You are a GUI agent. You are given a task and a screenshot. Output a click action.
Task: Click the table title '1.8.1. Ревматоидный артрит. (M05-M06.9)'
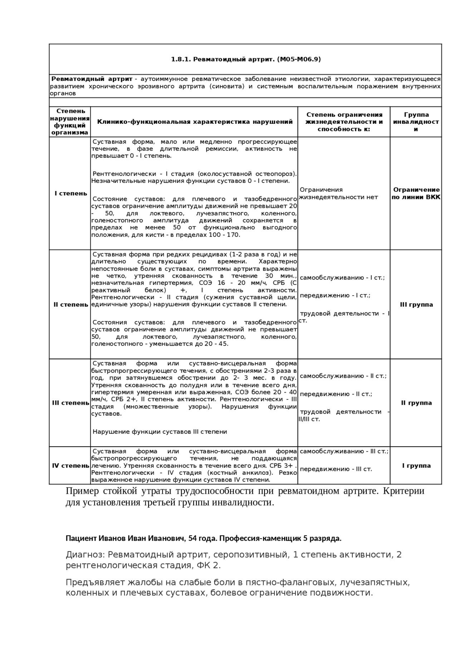pyautogui.click(x=245, y=59)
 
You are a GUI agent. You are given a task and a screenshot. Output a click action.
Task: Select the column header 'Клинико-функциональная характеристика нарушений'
pyautogui.click(x=195, y=122)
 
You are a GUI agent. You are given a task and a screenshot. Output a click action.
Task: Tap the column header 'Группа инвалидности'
pyautogui.click(x=416, y=122)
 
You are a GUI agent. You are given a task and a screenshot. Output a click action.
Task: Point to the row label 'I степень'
pyautogui.click(x=70, y=193)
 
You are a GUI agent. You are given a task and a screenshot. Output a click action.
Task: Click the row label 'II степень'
pyautogui.click(x=70, y=304)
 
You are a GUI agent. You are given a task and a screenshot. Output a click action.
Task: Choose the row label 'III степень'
pyautogui.click(x=70, y=403)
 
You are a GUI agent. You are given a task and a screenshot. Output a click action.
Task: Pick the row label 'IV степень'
pyautogui.click(x=70, y=466)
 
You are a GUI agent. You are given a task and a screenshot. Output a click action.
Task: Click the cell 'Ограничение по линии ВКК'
pyautogui.click(x=416, y=193)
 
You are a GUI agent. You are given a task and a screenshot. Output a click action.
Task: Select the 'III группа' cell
pyautogui.click(x=416, y=304)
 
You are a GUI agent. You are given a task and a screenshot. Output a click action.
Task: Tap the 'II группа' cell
pyautogui.click(x=416, y=403)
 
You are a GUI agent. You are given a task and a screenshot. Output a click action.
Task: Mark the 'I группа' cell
pyautogui.click(x=416, y=466)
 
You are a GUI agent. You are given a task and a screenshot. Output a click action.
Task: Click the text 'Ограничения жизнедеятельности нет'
pyautogui.click(x=338, y=193)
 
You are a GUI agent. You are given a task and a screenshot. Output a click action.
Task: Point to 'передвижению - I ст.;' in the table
pyautogui.click(x=335, y=296)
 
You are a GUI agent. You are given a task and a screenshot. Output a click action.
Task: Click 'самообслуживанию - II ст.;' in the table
pyautogui.click(x=343, y=376)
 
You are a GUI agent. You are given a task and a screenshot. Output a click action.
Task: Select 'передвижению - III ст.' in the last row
pyautogui.click(x=336, y=469)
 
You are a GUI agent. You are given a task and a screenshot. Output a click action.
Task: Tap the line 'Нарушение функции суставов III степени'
pyautogui.click(x=160, y=432)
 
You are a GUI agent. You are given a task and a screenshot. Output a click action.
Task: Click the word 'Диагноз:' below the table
pyautogui.click(x=85, y=555)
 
